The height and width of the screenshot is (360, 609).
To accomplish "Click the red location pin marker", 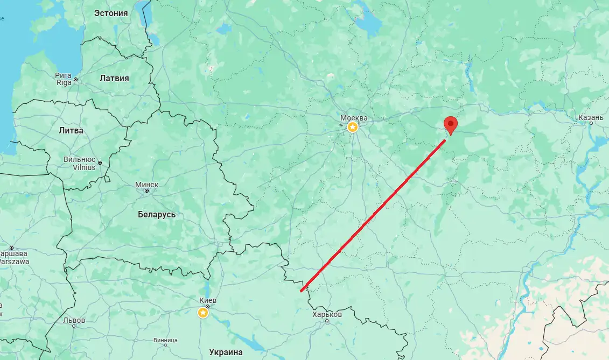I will click(450, 124).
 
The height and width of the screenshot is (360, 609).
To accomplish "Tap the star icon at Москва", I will click(352, 127).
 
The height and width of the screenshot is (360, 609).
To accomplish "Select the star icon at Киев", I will click(203, 313).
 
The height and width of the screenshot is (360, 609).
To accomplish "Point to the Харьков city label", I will click(327, 314).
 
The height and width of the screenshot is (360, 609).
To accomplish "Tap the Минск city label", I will click(146, 185).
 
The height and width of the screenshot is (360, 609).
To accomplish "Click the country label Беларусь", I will click(157, 214).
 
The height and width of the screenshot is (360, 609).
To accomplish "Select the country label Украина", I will click(226, 352).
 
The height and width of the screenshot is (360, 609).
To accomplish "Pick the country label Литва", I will click(71, 130).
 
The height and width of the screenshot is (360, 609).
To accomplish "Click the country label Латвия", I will click(114, 78).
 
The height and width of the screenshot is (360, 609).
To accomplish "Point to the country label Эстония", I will click(111, 13).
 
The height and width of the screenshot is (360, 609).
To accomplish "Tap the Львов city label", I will click(74, 320).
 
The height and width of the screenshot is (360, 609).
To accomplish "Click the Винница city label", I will click(165, 340).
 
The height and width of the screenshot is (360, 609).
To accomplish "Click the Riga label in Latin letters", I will click(64, 82).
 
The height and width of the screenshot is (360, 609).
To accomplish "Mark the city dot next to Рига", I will click(76, 80).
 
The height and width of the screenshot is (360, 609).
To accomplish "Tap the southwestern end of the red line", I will click(301, 291).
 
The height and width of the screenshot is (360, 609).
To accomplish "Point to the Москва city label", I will click(354, 118).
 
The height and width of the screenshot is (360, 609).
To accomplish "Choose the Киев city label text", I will click(207, 300).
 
